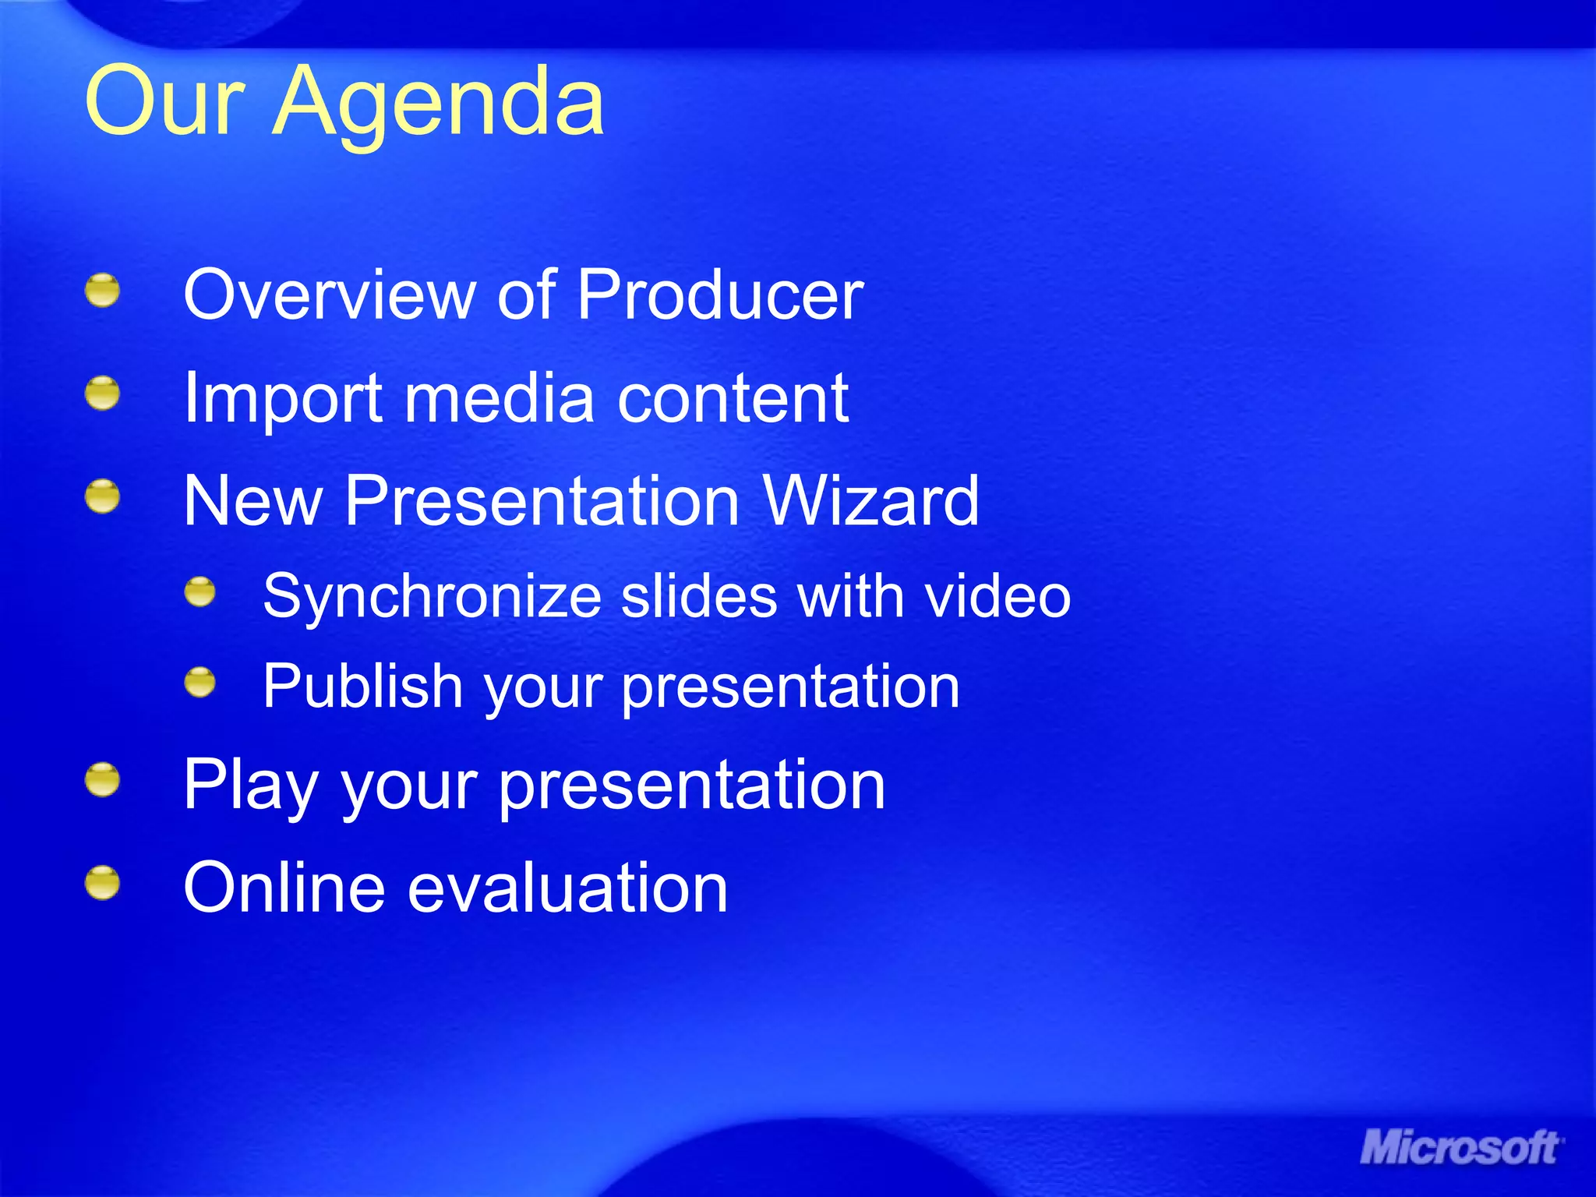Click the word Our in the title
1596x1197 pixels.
point(164,101)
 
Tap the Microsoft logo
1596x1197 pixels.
point(1460,1148)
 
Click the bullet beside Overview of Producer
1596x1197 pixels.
point(102,291)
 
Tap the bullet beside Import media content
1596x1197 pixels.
point(102,394)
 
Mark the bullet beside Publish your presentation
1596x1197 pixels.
point(200,683)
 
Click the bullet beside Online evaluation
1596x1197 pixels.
point(102,883)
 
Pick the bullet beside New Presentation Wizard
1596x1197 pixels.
point(102,497)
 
